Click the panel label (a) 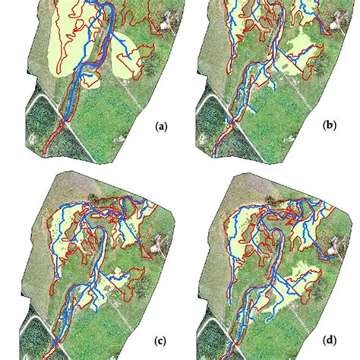tap(162, 128)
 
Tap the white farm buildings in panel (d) tap(334, 251)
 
